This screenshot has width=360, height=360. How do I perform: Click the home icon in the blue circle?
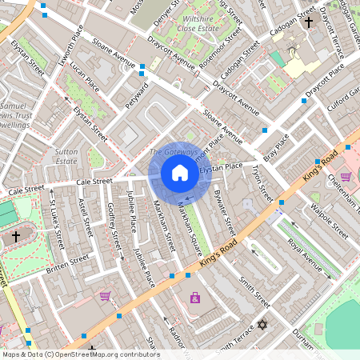point(180,173)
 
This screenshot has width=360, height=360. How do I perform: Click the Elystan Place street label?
point(220,167)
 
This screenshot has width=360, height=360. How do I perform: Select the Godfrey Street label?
point(113,225)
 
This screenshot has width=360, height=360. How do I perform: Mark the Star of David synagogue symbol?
point(262,326)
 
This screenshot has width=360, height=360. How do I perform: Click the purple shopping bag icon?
point(194,298)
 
